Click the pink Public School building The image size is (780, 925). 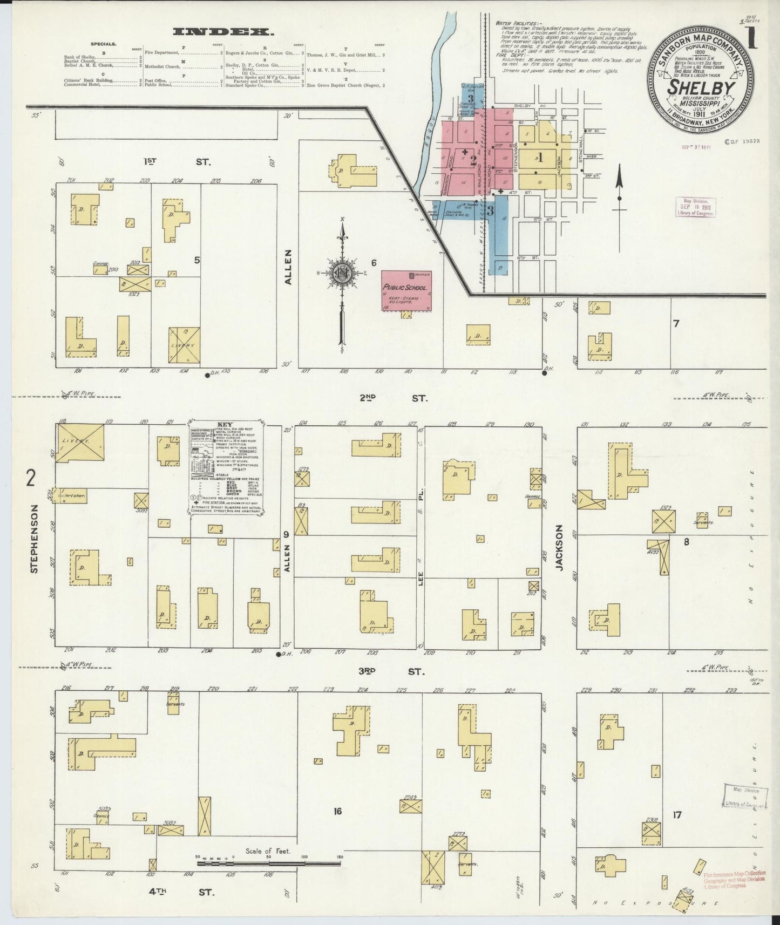point(405,290)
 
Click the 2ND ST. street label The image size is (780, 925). point(392,398)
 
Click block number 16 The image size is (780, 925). point(338,811)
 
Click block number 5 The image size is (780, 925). point(197,260)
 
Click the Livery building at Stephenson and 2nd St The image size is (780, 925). point(81,442)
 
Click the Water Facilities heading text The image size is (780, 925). point(516,24)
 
